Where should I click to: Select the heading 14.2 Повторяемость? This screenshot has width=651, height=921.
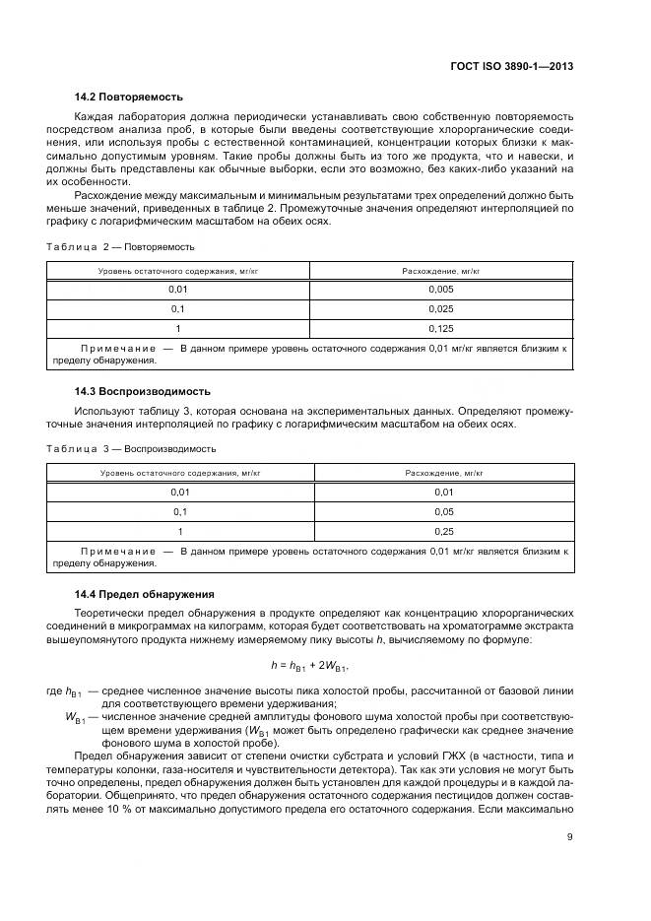click(129, 97)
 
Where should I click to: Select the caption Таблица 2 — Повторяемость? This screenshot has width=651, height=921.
click(121, 246)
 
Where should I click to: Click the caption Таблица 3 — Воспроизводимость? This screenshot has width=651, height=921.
click(131, 448)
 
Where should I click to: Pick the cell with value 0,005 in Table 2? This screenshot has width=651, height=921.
click(441, 289)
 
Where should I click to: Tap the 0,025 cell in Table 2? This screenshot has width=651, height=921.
click(441, 309)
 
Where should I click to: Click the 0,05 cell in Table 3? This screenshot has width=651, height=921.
click(443, 511)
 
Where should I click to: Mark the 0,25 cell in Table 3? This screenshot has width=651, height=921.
click(443, 532)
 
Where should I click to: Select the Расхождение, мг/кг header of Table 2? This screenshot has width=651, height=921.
click(441, 269)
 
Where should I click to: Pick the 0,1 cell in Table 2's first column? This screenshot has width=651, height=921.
click(178, 309)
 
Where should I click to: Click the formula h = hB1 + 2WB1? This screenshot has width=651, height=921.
click(309, 667)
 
